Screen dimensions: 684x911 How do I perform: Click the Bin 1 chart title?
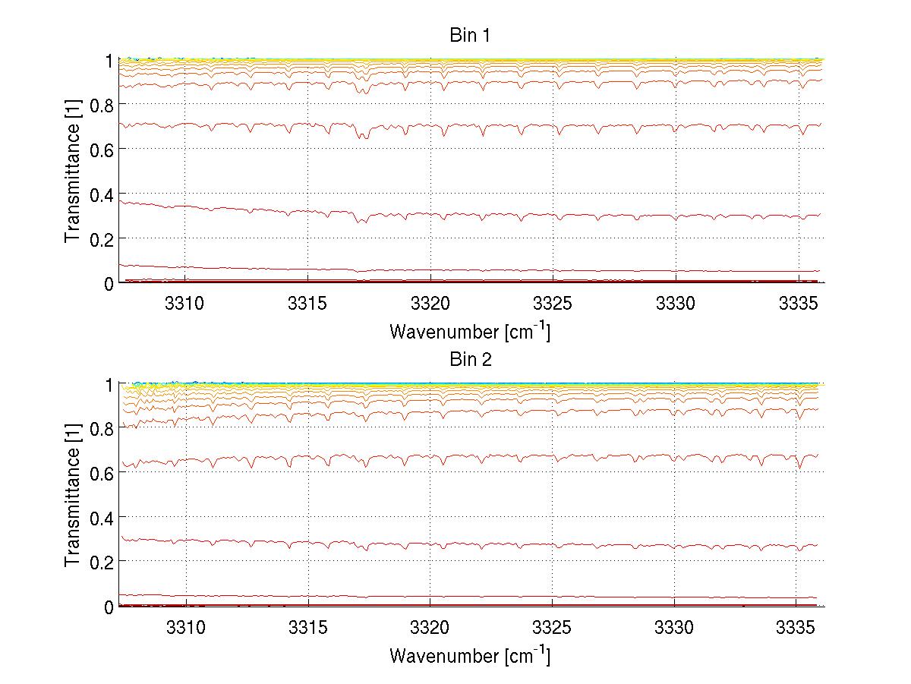coord(470,35)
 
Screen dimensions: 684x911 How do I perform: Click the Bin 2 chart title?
coord(470,359)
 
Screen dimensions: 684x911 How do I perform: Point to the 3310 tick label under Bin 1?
coord(184,304)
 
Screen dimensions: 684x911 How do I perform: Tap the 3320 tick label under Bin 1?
coord(430,304)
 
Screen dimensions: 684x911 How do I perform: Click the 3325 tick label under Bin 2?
coord(552,629)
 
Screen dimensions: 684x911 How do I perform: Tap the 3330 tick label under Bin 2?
coord(674,629)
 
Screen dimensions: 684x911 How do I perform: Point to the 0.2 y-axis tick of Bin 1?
coord(102,238)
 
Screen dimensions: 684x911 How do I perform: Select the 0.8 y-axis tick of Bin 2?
coord(102,429)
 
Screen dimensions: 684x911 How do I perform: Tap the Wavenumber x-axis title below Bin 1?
coord(470,331)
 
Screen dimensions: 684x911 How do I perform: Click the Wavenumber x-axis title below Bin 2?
coord(470,655)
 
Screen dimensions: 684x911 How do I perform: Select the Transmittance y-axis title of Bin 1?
coord(73,171)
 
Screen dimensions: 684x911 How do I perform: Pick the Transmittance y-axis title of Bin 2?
coord(73,495)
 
